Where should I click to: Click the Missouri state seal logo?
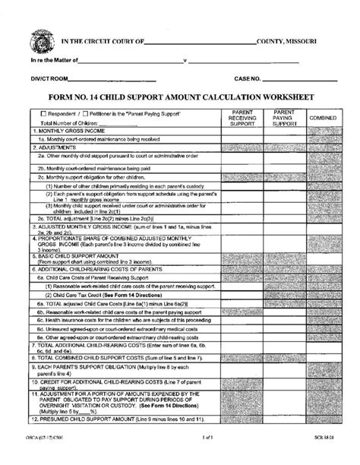pyautogui.click(x=39, y=37)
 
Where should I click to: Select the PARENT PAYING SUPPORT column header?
pyautogui.click(x=283, y=117)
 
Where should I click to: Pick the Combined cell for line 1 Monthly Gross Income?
pyautogui.click(x=324, y=131)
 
